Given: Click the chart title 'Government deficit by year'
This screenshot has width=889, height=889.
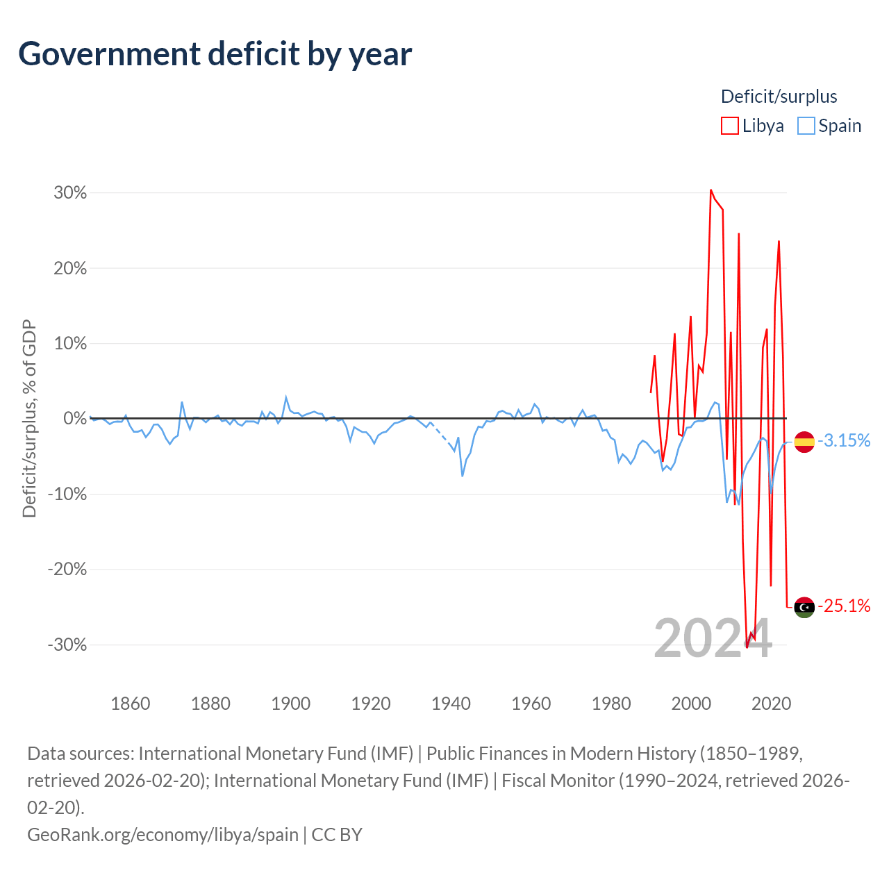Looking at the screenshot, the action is [215, 54].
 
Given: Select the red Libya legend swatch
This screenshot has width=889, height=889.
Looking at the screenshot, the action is [729, 126].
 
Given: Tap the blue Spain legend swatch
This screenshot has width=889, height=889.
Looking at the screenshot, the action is [806, 126].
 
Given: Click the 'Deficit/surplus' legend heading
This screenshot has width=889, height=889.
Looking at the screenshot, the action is [779, 97].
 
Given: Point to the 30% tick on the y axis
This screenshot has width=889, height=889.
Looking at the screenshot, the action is [70, 193].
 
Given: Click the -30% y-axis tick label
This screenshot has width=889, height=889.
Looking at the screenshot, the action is [67, 645].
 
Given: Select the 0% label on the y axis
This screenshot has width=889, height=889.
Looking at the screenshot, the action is [75, 418].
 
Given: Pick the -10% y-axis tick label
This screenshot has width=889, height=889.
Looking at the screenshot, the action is [67, 494].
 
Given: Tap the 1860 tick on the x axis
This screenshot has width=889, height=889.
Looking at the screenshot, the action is [131, 704].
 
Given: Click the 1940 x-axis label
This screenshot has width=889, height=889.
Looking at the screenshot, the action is [451, 704].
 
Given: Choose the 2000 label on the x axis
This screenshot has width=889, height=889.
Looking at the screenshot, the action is [691, 704].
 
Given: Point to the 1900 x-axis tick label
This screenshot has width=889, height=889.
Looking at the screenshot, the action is [290, 704].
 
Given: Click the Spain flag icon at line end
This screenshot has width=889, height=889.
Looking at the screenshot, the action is [804, 442].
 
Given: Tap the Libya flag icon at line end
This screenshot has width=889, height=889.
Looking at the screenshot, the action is [804, 607].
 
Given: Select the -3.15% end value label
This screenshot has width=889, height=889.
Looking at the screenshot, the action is [845, 440].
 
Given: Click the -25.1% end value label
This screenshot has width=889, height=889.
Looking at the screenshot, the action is [845, 606].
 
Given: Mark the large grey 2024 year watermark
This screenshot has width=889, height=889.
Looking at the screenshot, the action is [713, 638].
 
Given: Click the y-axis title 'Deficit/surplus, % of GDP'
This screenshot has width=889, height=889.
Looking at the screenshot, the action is [29, 418].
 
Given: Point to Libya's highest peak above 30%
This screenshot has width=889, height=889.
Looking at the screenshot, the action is [711, 190].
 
